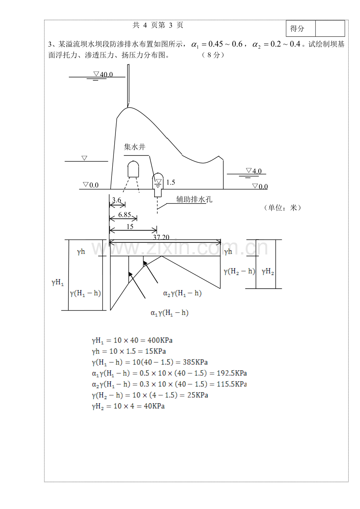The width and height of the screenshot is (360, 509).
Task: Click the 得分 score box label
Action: click(x=297, y=29)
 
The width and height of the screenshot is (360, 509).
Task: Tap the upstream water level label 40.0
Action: click(x=106, y=74)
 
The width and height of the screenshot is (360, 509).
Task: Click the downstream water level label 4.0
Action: click(x=257, y=171)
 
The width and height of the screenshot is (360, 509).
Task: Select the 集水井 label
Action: click(x=135, y=147)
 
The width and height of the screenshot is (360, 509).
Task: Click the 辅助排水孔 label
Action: click(x=194, y=199)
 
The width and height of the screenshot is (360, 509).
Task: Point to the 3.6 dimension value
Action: click(x=117, y=200)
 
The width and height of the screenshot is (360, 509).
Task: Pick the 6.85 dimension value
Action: click(x=125, y=215)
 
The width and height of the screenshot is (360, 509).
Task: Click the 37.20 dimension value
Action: click(x=161, y=237)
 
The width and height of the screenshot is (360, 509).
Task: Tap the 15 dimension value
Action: click(x=130, y=227)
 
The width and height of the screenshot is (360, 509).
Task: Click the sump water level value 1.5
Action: click(x=171, y=182)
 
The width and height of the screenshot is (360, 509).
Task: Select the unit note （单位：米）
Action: click(x=283, y=208)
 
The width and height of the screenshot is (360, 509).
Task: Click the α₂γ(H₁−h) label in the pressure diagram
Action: click(x=182, y=293)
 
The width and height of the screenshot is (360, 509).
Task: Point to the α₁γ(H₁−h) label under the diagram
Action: click(x=169, y=313)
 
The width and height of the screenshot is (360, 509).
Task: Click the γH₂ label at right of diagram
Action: click(x=268, y=271)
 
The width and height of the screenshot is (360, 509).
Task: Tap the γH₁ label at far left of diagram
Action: click(x=58, y=282)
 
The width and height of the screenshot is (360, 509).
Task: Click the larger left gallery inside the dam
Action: click(x=133, y=169)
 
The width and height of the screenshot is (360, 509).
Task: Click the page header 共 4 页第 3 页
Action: click(x=158, y=25)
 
